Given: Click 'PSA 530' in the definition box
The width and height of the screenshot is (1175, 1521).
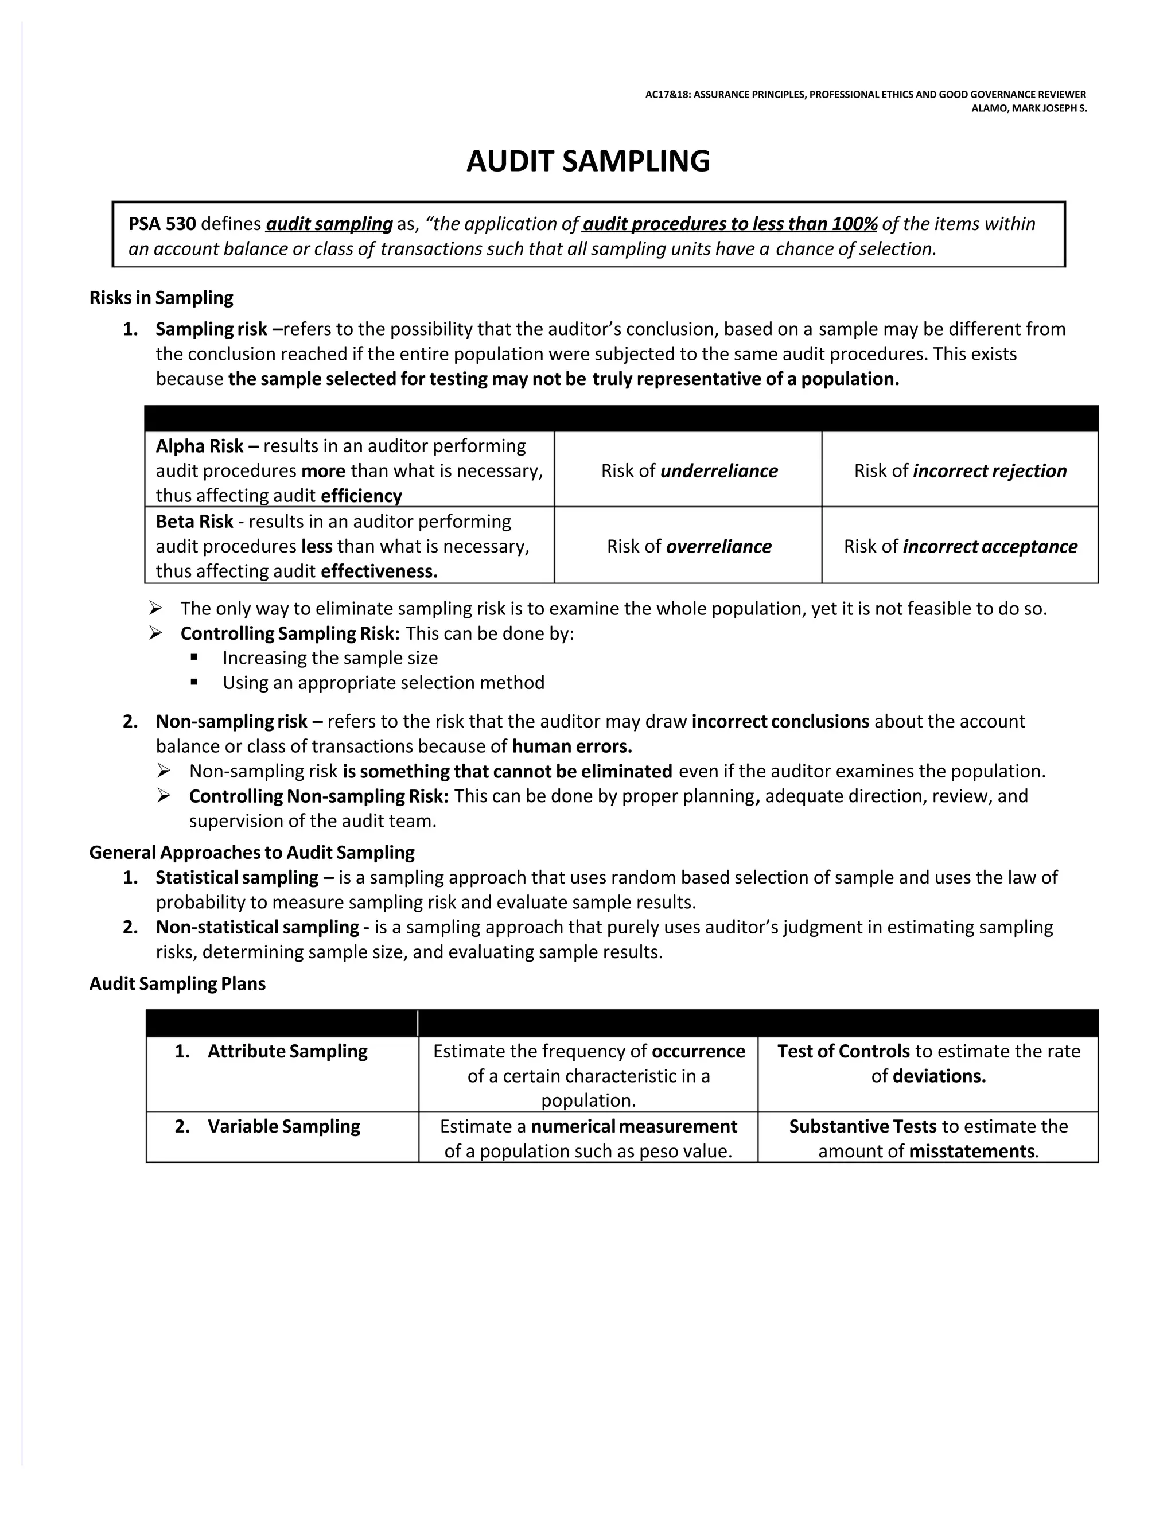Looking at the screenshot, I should [x=162, y=224].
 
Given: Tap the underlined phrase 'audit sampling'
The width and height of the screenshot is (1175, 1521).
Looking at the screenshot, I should [x=329, y=224].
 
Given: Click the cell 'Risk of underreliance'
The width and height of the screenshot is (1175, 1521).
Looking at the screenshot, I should [x=689, y=471].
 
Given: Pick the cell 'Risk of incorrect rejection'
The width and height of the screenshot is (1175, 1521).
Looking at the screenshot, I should [x=960, y=471].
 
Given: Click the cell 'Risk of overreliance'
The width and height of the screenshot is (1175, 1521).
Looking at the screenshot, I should [x=689, y=546].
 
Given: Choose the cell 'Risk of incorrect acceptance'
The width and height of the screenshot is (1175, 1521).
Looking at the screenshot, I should [x=960, y=546].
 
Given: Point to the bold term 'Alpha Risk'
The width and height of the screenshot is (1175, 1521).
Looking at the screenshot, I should [x=199, y=446].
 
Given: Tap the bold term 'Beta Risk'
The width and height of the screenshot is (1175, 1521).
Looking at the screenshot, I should [x=194, y=521].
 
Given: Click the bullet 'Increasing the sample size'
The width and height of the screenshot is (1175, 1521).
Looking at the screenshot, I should [x=330, y=658].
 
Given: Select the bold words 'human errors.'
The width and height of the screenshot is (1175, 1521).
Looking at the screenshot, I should [x=572, y=746].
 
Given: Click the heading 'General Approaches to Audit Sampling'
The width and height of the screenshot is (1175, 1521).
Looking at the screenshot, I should [x=251, y=852].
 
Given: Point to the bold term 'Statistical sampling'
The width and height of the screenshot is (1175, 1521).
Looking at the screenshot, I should [x=237, y=877].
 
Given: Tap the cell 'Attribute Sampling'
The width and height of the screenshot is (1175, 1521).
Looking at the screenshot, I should [x=287, y=1051].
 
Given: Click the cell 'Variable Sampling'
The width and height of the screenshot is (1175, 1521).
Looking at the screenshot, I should [x=283, y=1126].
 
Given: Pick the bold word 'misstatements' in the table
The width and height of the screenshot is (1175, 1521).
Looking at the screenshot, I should [x=971, y=1151].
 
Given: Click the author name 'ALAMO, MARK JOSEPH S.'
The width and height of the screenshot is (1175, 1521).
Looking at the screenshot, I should [x=1028, y=108].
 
